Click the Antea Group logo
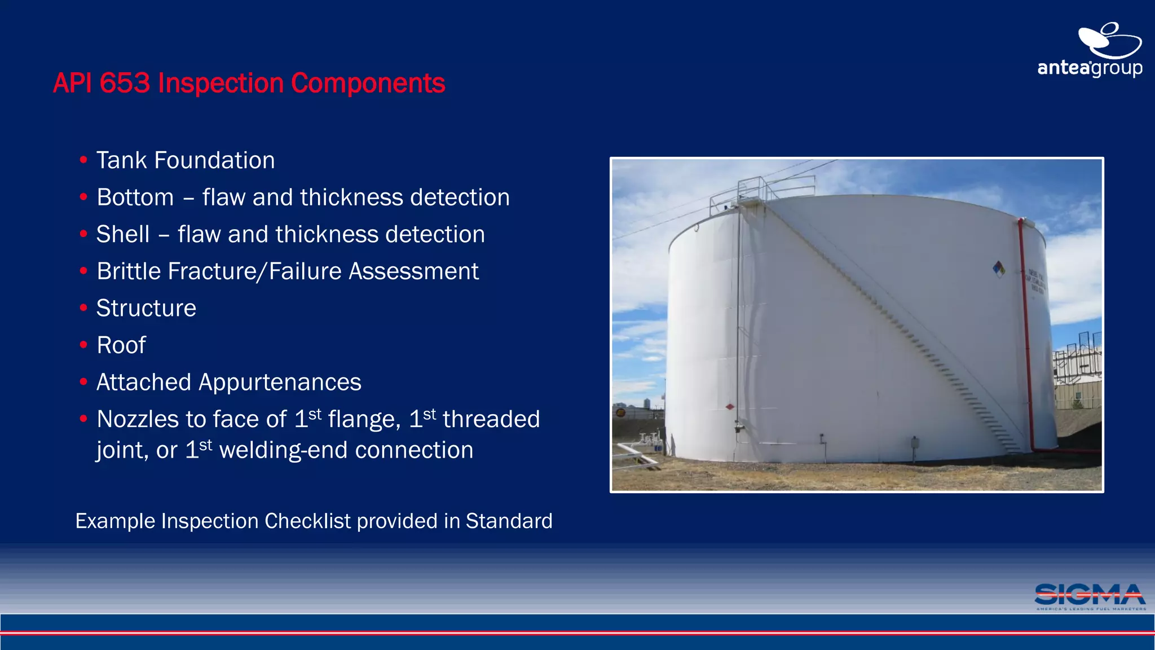pos(1090,51)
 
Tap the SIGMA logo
pos(1090,596)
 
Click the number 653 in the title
pos(125,83)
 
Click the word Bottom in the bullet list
pos(135,197)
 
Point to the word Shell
pos(123,234)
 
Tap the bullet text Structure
pos(146,308)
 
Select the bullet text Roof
pos(121,345)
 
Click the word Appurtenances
pos(280,383)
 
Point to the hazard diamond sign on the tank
pos(999,269)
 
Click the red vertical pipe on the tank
pos(1026,333)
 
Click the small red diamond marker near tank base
pos(730,407)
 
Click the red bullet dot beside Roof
pos(83,345)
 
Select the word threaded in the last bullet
pos(491,419)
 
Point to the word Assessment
pos(413,271)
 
